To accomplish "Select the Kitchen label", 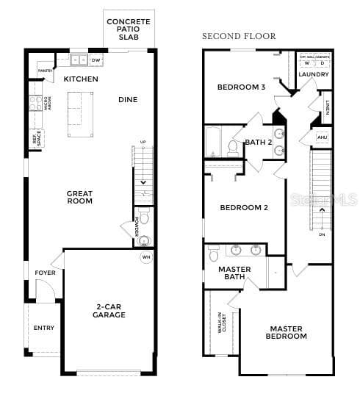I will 81,79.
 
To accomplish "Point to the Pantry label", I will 44,71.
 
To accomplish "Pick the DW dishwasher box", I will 96,60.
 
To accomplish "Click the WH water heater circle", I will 145,257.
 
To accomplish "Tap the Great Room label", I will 79,197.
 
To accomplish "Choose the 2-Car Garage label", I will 110,311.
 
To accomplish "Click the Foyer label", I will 45,273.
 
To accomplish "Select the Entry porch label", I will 44,328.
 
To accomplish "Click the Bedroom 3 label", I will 241,87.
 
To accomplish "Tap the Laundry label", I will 314,74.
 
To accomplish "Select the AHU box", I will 322,137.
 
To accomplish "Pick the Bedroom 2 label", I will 244,207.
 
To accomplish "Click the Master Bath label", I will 235,273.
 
